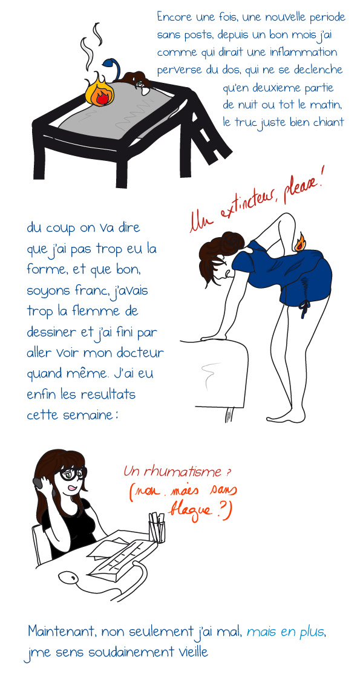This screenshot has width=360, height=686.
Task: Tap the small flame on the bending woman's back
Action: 301,243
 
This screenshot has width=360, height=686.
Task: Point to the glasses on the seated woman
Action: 73,474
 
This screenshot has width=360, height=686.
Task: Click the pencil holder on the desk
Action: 157,527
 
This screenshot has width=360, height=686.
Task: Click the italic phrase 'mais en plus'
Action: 286,632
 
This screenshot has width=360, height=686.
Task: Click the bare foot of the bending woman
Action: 286,415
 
